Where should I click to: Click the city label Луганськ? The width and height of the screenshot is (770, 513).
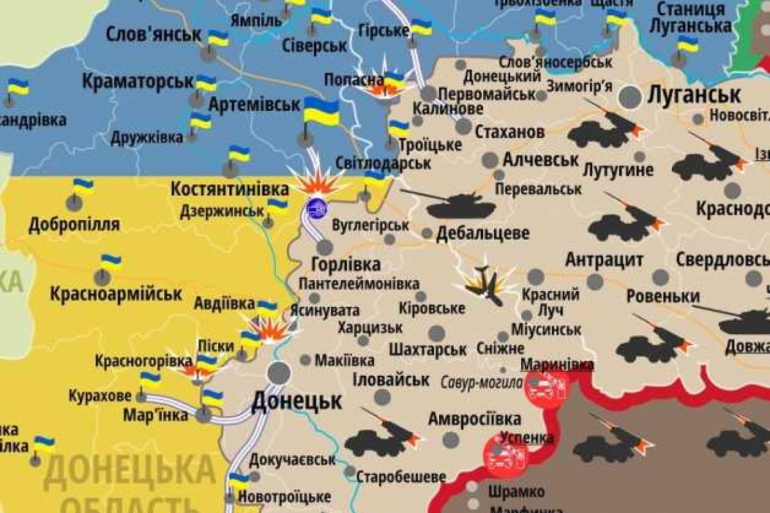click(694, 95)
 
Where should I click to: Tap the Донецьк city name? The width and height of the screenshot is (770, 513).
click(296, 401)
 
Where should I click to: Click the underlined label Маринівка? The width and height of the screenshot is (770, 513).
click(556, 364)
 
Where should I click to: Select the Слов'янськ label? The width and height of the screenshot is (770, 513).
click(153, 33)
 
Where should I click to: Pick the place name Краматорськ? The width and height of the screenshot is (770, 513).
click(138, 81)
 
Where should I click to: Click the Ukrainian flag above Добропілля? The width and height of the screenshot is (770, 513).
click(82, 187)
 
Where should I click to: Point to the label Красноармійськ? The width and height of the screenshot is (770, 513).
click(116, 294)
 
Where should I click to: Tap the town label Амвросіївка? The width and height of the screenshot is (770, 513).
click(474, 419)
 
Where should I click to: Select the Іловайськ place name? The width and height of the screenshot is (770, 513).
click(391, 379)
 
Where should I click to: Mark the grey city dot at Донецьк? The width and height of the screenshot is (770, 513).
click(279, 372)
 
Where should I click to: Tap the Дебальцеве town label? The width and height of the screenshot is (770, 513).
click(483, 233)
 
